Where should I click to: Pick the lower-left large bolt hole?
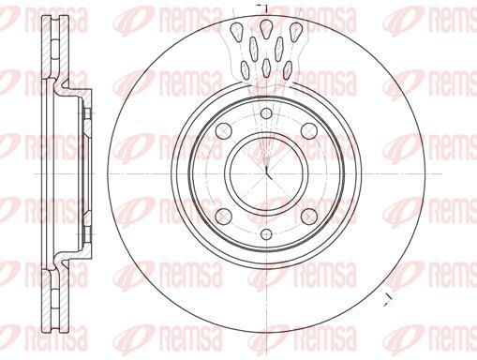click(224, 216)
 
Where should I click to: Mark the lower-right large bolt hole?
click(308, 216)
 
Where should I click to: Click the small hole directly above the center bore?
click(266, 114)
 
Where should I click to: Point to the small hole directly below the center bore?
click(266, 232)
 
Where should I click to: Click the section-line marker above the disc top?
click(262, 7)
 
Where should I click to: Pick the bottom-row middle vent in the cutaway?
click(266, 68)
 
